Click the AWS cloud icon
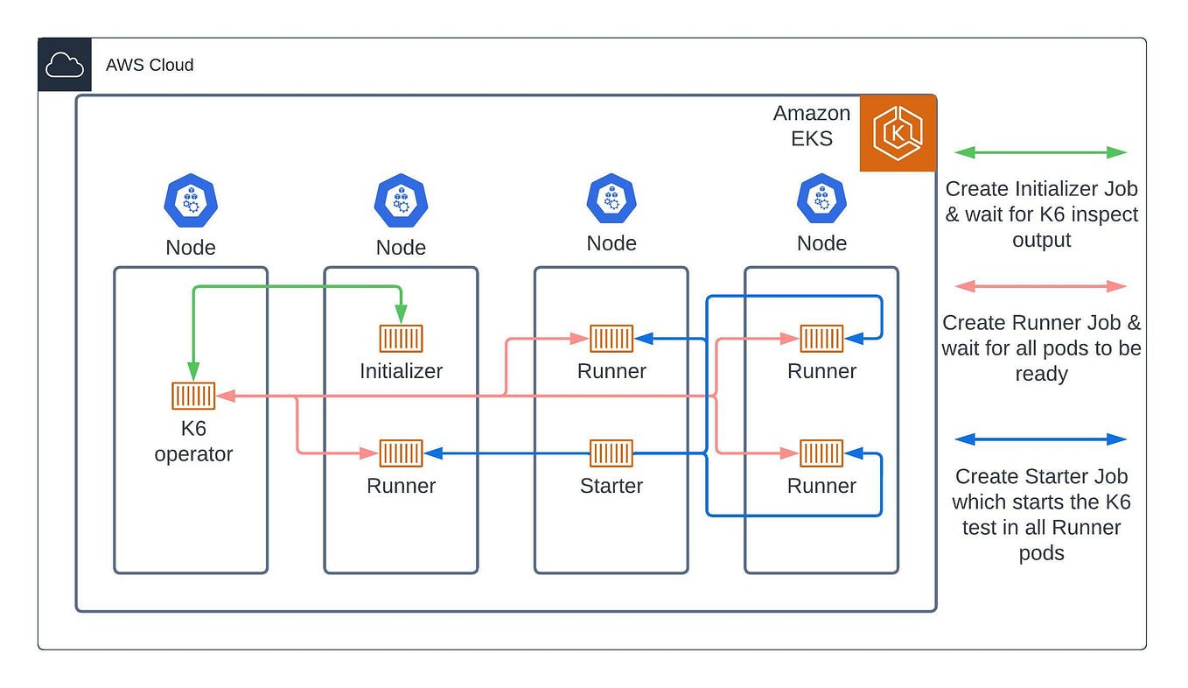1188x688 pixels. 65,65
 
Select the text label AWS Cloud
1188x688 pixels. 150,65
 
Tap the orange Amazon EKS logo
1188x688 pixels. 898,133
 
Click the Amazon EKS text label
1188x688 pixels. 811,126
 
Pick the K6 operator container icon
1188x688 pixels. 193,397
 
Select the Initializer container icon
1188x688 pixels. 401,339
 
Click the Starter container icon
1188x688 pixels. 611,453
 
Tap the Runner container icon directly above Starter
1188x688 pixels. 611,339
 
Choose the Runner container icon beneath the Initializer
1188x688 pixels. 401,453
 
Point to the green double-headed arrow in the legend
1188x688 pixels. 1040,152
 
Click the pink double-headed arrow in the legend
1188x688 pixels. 1040,286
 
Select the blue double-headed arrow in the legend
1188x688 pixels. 1040,439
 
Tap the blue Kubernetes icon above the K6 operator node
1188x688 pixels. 190,200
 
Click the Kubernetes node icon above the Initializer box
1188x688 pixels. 401,200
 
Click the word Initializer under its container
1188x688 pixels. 401,371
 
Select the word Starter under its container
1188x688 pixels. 611,486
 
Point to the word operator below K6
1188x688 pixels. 193,454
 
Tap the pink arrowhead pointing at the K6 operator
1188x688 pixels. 223,397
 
